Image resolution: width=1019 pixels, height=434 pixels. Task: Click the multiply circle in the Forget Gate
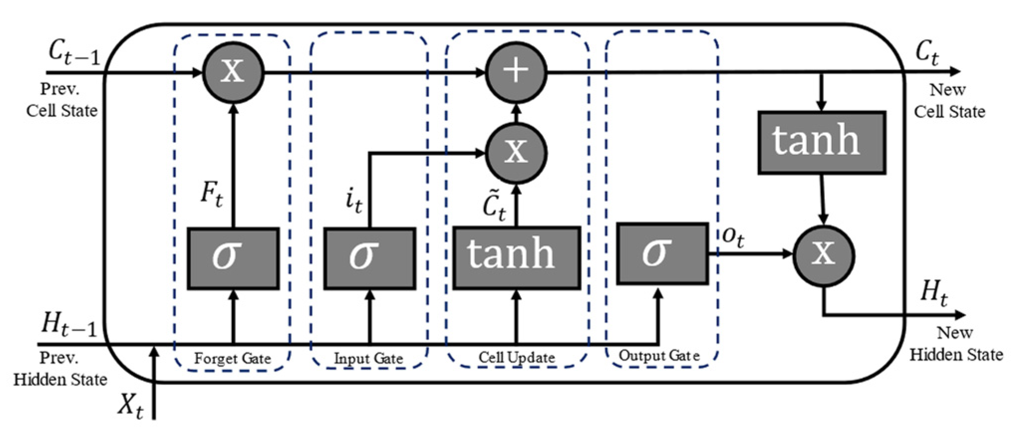(233, 73)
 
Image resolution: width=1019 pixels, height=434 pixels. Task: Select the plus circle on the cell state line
(516, 72)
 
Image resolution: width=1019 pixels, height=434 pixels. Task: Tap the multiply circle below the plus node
(516, 152)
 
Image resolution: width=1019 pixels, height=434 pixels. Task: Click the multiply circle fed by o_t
(823, 255)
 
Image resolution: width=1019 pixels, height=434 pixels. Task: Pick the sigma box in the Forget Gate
(233, 258)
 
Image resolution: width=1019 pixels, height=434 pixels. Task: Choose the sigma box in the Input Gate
(370, 258)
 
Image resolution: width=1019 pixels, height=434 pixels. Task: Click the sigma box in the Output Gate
(662, 254)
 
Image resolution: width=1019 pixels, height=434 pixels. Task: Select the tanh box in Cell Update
(516, 258)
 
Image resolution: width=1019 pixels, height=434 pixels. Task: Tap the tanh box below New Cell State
(821, 142)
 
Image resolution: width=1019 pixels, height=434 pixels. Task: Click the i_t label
(354, 201)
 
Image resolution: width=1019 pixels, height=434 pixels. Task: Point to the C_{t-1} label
(74, 52)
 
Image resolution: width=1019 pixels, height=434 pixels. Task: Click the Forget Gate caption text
(233, 358)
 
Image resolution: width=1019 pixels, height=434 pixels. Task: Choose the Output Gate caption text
(659, 356)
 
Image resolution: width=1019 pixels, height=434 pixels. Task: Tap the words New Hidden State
(956, 343)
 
